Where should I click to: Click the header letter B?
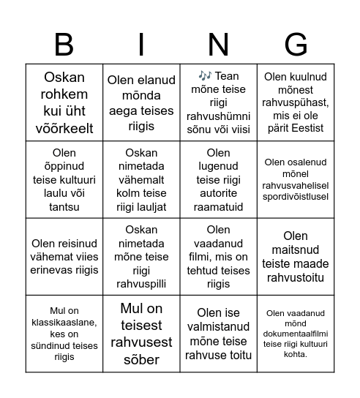click(x=64, y=45)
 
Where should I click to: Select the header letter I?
click(x=141, y=45)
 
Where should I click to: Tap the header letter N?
click(x=218, y=45)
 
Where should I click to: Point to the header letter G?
click(x=296, y=45)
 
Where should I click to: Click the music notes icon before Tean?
click(x=204, y=76)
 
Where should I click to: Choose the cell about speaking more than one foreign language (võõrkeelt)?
click(x=64, y=102)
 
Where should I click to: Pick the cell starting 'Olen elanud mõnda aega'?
click(x=141, y=102)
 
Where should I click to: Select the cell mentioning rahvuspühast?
click(x=296, y=102)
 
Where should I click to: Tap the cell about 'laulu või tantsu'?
click(x=64, y=179)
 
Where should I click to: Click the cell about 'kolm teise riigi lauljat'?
click(x=141, y=179)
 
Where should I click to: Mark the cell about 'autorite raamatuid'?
click(x=218, y=179)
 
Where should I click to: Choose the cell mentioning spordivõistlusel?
click(x=296, y=179)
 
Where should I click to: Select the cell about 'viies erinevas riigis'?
click(x=64, y=256)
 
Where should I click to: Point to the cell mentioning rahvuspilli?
click(x=141, y=256)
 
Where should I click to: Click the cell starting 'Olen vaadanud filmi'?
click(x=218, y=256)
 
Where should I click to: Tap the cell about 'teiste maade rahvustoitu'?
click(x=296, y=256)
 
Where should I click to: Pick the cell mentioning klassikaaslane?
click(x=64, y=334)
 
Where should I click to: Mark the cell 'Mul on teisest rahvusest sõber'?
click(x=141, y=334)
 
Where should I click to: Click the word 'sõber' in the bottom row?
click(x=141, y=359)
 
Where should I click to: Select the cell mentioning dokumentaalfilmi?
click(x=296, y=334)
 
